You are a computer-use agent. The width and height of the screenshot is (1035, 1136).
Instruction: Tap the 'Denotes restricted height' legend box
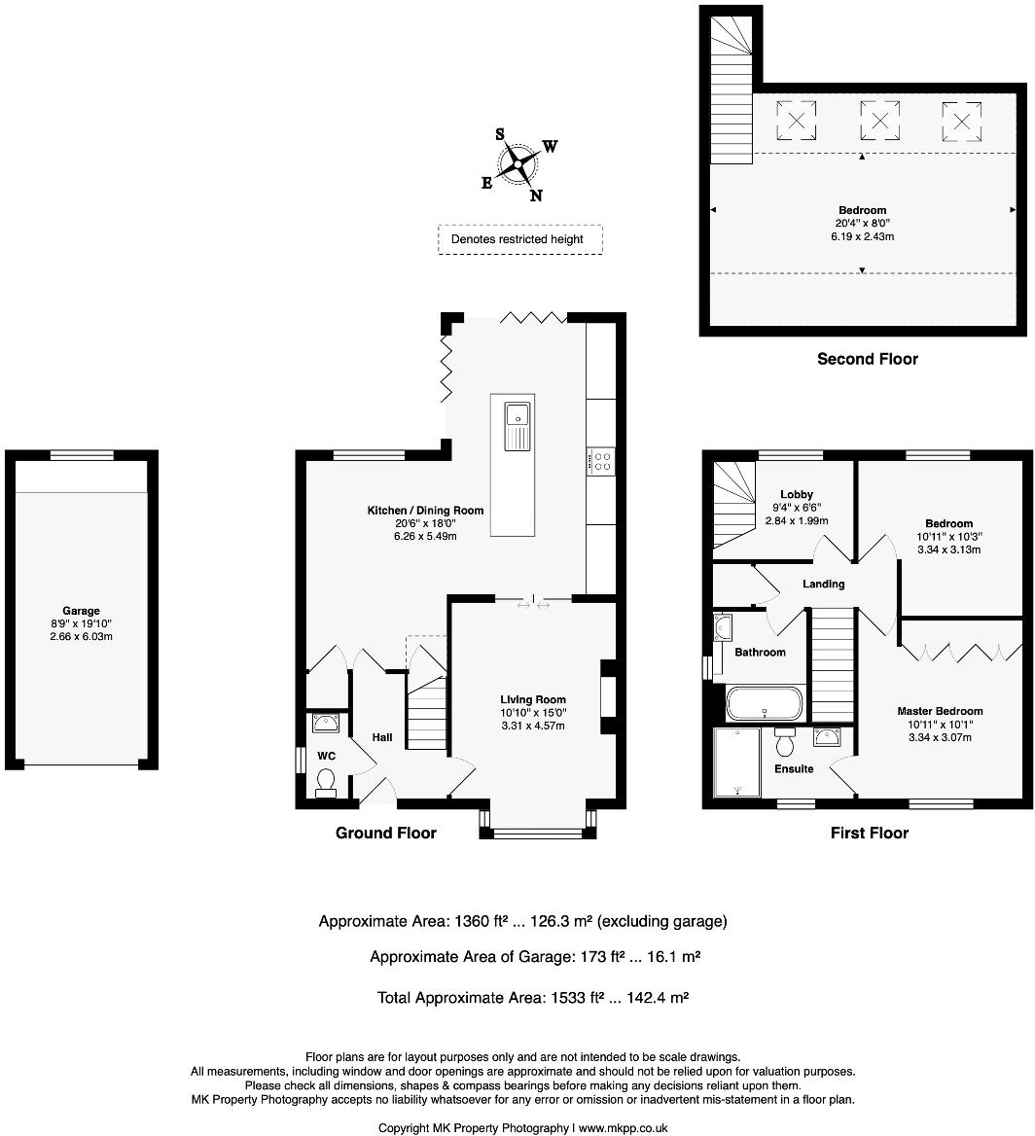[x=519, y=239]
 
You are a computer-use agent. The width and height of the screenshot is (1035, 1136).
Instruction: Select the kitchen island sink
[x=517, y=427]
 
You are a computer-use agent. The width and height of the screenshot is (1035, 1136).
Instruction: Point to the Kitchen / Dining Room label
[x=425, y=511]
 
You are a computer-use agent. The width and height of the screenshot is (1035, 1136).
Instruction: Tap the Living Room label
[x=533, y=699]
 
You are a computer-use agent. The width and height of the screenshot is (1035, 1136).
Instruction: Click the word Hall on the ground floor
[x=382, y=738]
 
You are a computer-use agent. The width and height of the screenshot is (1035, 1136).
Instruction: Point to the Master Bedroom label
[x=940, y=711]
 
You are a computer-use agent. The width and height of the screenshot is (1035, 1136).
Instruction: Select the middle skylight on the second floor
[x=878, y=122]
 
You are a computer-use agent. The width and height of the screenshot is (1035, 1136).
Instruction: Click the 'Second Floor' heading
[x=867, y=359]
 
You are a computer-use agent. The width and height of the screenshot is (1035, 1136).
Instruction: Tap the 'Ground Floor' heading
[x=386, y=833]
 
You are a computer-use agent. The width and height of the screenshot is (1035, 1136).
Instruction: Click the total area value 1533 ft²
[x=573, y=997]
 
